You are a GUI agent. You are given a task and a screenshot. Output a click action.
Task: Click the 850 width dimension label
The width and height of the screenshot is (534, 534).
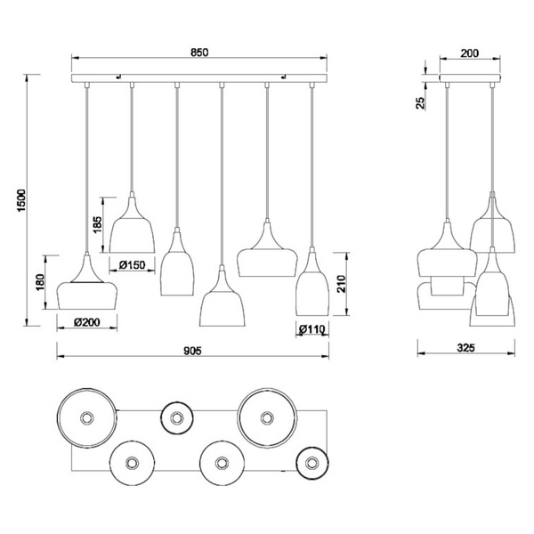199,53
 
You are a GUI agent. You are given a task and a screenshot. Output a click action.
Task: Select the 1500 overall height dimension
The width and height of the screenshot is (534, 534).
21,200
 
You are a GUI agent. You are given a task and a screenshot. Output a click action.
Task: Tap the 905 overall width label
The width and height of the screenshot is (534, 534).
192,351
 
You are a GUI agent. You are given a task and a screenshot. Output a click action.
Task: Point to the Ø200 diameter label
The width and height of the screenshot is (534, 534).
87,322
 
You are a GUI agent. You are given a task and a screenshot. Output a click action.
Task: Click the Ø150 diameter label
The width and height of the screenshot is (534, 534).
132,264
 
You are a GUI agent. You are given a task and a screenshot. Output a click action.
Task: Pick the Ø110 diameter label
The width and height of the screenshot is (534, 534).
312,329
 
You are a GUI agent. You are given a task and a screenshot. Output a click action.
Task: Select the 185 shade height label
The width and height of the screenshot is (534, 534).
97,224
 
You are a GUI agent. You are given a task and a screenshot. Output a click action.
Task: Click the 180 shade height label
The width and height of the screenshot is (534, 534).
40,282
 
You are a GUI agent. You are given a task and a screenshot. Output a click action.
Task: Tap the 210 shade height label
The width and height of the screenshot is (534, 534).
341,284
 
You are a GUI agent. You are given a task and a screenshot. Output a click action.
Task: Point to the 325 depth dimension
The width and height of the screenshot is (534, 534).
465,348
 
